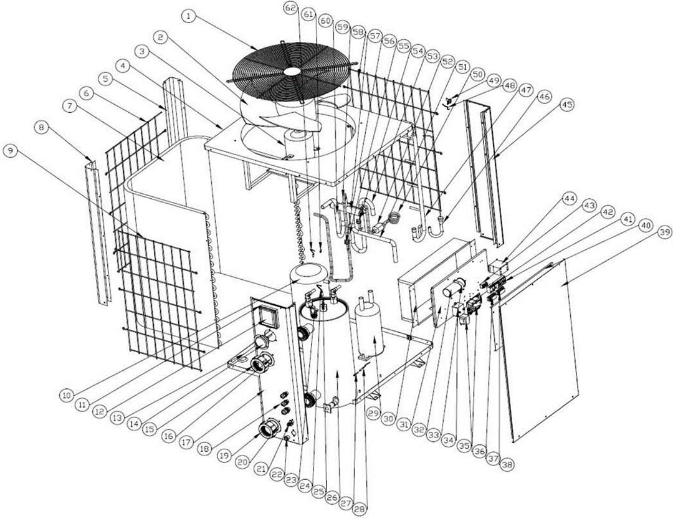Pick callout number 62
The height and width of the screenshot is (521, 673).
pyautogui.click(x=291, y=7)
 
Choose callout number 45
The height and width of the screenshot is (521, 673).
pyautogui.click(x=567, y=105)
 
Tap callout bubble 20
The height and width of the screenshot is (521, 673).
pyautogui.click(x=244, y=462)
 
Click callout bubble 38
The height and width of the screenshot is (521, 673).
pyautogui.click(x=508, y=464)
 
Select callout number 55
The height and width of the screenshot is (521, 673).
pyautogui.click(x=403, y=46)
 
